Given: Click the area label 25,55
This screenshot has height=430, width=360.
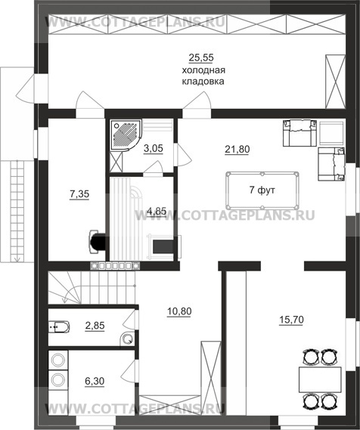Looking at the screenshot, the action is (201, 58).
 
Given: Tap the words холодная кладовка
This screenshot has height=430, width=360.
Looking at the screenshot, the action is (203, 76).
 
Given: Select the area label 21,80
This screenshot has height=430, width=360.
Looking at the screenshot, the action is (237, 150).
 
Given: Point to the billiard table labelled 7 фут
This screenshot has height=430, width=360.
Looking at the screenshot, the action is (262, 190).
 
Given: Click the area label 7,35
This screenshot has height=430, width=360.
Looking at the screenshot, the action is (79, 194).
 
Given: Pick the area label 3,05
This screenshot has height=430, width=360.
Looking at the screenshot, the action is (154, 148).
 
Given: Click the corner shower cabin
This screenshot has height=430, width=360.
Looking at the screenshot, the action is (126, 135).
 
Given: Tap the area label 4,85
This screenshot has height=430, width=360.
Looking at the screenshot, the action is (157, 211).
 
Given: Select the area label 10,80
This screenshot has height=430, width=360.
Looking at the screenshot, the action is (179, 311).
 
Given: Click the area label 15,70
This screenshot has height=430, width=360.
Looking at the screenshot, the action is (291, 320).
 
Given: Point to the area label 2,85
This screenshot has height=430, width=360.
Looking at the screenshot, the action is (95, 326).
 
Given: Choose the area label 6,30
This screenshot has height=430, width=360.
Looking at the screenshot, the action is (95, 381).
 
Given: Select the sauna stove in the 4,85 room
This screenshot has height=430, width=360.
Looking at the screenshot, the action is (163, 246).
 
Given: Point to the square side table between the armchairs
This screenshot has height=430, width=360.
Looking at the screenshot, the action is (332, 133).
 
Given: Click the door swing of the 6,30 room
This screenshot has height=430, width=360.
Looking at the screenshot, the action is (129, 371).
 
